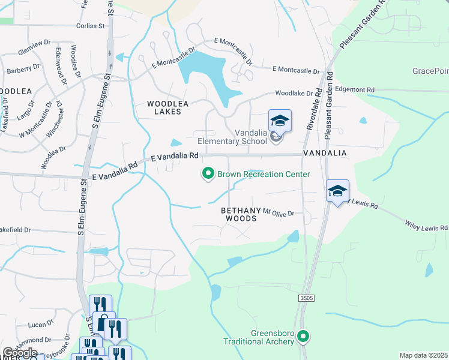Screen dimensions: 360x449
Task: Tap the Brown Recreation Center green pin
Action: [208, 174]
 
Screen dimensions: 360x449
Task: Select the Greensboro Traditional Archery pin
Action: [304, 337]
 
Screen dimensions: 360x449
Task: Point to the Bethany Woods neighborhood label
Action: [239, 214]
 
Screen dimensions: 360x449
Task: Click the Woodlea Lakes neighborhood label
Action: [168, 107]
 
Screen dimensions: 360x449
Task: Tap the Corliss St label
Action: [91, 26]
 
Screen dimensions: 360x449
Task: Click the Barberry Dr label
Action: [23, 71]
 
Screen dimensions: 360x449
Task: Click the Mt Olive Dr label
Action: [279, 213]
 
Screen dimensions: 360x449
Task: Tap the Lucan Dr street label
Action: [41, 325]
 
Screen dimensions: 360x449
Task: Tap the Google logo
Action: [20, 353]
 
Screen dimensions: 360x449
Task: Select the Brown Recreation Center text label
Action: [264, 175]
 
